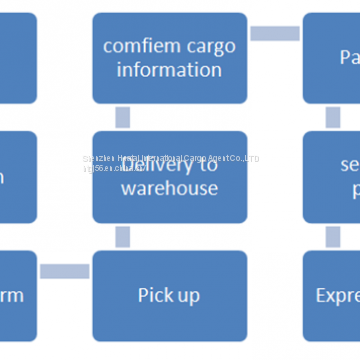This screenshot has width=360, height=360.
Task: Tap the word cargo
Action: pyautogui.click(x=206, y=46)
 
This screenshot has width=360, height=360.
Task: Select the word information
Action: pyautogui.click(x=169, y=70)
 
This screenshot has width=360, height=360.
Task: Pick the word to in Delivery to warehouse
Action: pyautogui.click(x=208, y=164)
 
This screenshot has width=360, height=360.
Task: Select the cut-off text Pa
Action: pyautogui.click(x=349, y=58)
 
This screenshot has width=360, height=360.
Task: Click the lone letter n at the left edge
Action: pyautogui.click(x=3, y=176)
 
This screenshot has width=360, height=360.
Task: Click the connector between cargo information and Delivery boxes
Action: pyautogui.click(x=122, y=117)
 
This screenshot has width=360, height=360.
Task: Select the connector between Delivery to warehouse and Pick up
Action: pyautogui.click(x=122, y=236)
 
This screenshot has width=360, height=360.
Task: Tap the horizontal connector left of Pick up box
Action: pyautogui.click(x=64, y=271)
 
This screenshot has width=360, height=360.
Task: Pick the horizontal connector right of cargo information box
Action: pyautogui.click(x=274, y=33)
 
